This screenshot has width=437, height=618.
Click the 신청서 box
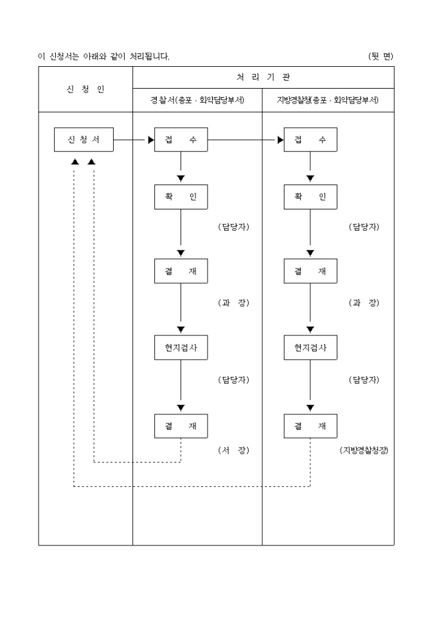click(84, 140)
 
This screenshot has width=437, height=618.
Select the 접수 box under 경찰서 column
click(181, 140)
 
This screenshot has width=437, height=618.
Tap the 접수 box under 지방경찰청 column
click(310, 140)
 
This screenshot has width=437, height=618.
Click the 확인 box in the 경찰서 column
click(181, 197)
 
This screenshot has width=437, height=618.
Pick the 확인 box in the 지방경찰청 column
click(310, 197)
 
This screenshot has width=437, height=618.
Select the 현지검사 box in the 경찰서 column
click(181, 348)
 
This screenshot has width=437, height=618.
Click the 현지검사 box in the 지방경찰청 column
click(310, 348)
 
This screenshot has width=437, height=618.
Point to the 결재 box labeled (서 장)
click(181, 426)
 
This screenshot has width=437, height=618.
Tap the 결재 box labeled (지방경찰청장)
click(310, 426)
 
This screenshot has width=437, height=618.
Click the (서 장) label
click(233, 450)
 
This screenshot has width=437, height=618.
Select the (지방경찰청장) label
click(364, 450)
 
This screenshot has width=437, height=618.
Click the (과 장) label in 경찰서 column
click(233, 303)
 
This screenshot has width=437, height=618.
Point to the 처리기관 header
click(263, 77)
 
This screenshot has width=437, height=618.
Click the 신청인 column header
click(85, 89)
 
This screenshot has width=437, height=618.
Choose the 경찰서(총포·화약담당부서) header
click(197, 100)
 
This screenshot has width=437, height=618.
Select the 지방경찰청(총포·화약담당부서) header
click(328, 100)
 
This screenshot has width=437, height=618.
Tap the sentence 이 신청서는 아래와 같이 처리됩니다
click(103, 57)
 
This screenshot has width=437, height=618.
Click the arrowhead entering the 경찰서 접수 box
click(151, 140)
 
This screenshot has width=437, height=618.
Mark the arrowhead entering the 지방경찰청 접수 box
click(281, 140)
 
